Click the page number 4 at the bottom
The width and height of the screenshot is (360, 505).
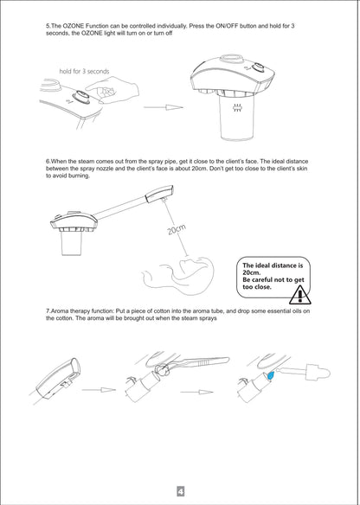(x=181, y=491)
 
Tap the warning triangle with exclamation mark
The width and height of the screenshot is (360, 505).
(x=299, y=295)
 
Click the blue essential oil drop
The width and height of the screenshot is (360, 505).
(x=270, y=375)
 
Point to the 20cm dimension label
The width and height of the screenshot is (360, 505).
(x=177, y=230)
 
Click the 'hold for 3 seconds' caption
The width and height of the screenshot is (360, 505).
(x=84, y=71)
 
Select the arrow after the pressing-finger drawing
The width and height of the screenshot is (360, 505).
(x=164, y=107)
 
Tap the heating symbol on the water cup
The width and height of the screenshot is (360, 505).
(x=237, y=109)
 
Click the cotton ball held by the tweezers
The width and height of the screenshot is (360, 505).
(x=163, y=370)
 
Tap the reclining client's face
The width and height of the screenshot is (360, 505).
(x=189, y=267)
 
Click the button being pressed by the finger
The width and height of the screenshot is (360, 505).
(x=81, y=97)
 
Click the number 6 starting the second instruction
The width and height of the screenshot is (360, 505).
(x=48, y=162)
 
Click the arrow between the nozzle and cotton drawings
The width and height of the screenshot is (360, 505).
(x=99, y=390)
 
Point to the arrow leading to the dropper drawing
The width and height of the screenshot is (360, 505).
(x=196, y=392)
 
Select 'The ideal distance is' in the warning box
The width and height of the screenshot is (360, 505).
(x=273, y=265)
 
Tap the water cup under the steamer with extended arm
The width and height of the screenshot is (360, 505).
(x=72, y=243)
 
